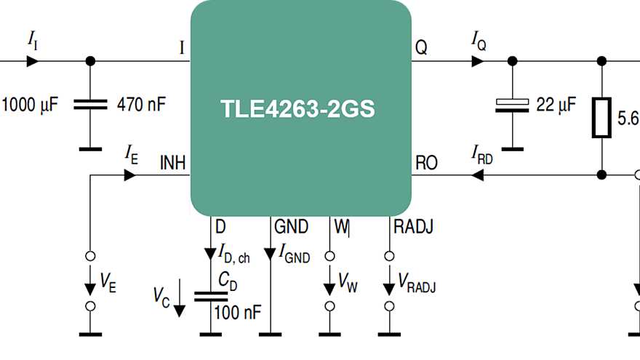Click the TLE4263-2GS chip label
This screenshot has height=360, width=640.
coord(297,109)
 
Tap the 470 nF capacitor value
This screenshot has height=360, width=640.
coord(141,104)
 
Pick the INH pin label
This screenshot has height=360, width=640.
coord(172,163)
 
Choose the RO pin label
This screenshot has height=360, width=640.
coord(425,163)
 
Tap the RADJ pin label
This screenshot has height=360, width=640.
coord(413,227)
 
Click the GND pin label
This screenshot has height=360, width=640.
coord(291,227)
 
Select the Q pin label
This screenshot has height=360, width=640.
coord(421,48)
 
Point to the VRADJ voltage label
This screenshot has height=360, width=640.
coord(415,285)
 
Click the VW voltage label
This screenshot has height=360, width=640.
coord(348,284)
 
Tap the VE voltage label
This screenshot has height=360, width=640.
coord(108,283)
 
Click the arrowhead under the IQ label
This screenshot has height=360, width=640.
coord(478,61)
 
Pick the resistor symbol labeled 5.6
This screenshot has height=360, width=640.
coord(602,118)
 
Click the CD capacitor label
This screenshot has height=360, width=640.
coord(227,281)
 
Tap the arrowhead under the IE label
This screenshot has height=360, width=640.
coord(129,175)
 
